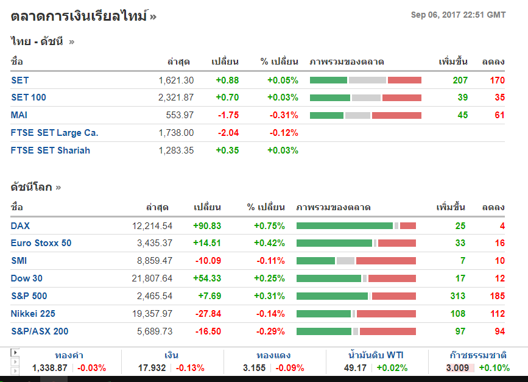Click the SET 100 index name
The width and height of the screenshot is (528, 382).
click(x=29, y=97)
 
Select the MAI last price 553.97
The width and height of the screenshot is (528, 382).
click(x=180, y=115)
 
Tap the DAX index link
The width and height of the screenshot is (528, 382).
click(x=20, y=226)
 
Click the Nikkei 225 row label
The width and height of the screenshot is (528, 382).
click(x=33, y=314)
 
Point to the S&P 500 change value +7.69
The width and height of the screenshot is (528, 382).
click(x=208, y=296)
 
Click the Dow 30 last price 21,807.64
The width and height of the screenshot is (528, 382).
click(x=152, y=278)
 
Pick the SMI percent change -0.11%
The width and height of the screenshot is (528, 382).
click(x=270, y=261)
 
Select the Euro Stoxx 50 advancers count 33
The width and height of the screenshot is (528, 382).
click(x=460, y=243)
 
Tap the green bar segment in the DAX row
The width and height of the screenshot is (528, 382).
click(x=344, y=226)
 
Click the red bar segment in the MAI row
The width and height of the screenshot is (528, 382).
click(x=396, y=115)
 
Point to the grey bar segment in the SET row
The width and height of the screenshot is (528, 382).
click(x=367, y=80)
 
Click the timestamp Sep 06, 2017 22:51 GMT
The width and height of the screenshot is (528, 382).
click(x=458, y=15)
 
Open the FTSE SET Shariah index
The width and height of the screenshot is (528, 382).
click(x=51, y=150)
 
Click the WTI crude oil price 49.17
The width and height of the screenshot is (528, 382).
click(x=356, y=368)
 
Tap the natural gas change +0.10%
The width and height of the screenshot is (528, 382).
click(x=495, y=368)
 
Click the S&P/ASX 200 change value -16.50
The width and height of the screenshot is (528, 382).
click(x=208, y=331)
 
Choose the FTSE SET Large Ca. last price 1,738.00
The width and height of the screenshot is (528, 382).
click(x=175, y=133)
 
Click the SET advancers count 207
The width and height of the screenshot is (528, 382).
click(x=460, y=80)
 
